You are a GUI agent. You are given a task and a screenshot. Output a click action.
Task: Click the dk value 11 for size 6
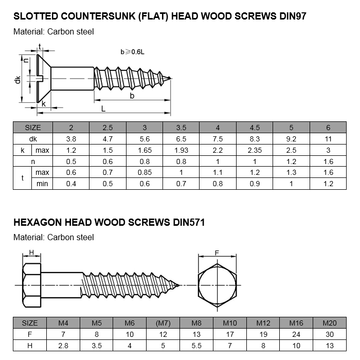tap(329, 139)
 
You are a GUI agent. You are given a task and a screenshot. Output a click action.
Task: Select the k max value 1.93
tap(181, 150)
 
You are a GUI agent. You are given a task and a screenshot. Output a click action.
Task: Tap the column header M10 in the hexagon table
tap(229, 323)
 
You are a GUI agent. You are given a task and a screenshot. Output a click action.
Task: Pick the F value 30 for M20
tap(329, 334)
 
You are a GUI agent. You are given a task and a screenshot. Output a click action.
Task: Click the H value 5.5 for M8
tap(196, 346)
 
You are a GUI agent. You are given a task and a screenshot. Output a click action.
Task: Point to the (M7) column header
tap(163, 323)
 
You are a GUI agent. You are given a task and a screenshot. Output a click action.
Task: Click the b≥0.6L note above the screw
tap(132, 52)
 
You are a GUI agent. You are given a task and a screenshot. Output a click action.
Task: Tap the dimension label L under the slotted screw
tap(103, 109)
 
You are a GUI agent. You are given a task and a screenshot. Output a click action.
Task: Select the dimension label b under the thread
tap(132, 96)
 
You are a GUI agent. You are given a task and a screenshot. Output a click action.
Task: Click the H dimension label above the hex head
tap(31, 253)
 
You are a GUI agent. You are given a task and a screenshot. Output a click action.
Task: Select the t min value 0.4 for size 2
tap(71, 184)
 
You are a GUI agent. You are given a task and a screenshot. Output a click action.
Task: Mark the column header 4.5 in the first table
tap(255, 128)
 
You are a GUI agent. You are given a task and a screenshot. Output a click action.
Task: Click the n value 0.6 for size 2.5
tap(107, 161)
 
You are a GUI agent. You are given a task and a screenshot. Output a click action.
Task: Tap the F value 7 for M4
tap(63, 334)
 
